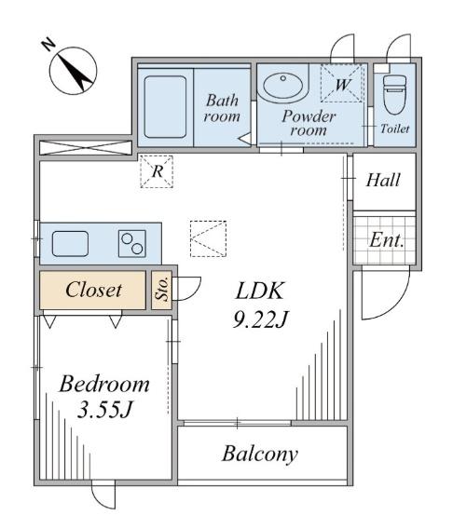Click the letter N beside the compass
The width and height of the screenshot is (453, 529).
(x=49, y=45)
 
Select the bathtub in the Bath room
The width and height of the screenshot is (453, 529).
(x=165, y=106)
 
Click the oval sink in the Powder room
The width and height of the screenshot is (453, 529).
(x=282, y=85)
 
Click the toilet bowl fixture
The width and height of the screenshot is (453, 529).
(x=394, y=94)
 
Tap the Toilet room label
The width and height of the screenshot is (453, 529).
(x=394, y=129)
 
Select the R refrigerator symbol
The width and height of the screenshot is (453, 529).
(x=157, y=171)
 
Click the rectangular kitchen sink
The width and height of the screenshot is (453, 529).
(x=70, y=244)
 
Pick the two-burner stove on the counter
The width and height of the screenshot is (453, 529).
(x=132, y=244)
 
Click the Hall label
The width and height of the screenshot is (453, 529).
(x=383, y=180)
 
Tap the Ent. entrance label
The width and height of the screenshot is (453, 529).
(x=387, y=240)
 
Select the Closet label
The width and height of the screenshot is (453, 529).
(x=93, y=290)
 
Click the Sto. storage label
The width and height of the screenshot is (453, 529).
(x=162, y=289)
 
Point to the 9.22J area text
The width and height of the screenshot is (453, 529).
(x=261, y=319)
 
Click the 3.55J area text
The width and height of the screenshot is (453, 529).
(x=104, y=410)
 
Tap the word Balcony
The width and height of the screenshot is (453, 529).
(x=260, y=454)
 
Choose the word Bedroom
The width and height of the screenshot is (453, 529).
(x=104, y=384)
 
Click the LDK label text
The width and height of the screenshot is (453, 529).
(x=259, y=292)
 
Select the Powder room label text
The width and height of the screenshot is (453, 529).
(x=309, y=123)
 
